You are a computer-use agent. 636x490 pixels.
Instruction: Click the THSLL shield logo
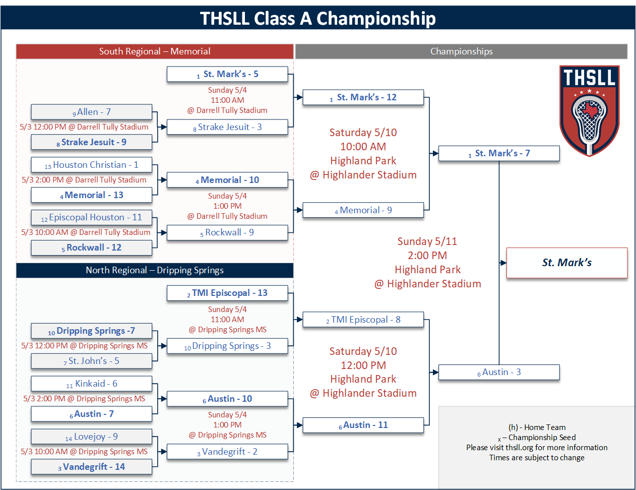[x=589, y=110]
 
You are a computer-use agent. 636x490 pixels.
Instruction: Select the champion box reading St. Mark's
[x=566, y=263]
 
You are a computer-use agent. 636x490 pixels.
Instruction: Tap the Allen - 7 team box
[x=91, y=112]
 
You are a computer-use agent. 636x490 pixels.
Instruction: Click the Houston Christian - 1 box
[x=91, y=165]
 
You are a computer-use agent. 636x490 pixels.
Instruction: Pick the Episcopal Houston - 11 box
[x=91, y=217]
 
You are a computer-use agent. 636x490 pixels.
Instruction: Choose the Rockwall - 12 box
[x=91, y=248]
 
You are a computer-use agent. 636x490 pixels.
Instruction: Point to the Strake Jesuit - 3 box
[x=227, y=127]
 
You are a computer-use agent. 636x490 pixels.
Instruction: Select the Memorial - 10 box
[x=227, y=180]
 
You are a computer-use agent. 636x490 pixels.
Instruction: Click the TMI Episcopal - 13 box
[x=227, y=293]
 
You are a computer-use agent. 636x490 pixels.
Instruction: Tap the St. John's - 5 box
[x=91, y=361]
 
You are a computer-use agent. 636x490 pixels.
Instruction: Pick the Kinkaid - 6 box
[x=91, y=384]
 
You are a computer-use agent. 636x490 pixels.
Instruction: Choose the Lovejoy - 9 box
[x=91, y=437]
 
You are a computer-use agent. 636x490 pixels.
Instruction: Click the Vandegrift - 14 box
[x=91, y=467]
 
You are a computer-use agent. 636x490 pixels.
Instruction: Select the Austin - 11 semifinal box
[x=363, y=425]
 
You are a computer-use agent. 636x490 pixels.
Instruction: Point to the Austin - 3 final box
[x=499, y=372]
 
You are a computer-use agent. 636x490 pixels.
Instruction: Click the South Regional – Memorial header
[x=155, y=51]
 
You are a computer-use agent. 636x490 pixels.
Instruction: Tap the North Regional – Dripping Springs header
[x=155, y=270]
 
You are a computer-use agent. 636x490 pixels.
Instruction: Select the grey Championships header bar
[x=461, y=51]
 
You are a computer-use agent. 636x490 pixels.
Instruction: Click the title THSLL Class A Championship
[x=318, y=19]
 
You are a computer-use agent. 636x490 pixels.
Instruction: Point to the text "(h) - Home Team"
[x=537, y=427]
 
